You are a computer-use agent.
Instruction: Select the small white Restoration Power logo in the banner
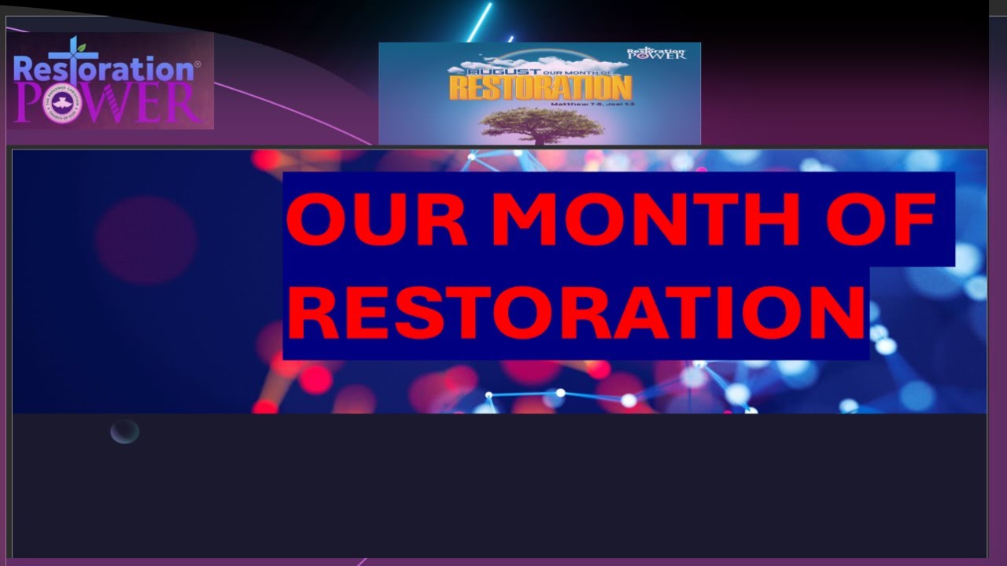656,53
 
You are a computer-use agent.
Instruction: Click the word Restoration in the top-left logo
102,69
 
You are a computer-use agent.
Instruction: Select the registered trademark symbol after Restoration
197,64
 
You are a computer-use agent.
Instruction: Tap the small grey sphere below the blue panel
124,432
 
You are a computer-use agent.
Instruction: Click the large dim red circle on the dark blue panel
146,240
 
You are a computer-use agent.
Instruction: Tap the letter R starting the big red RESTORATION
312,312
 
